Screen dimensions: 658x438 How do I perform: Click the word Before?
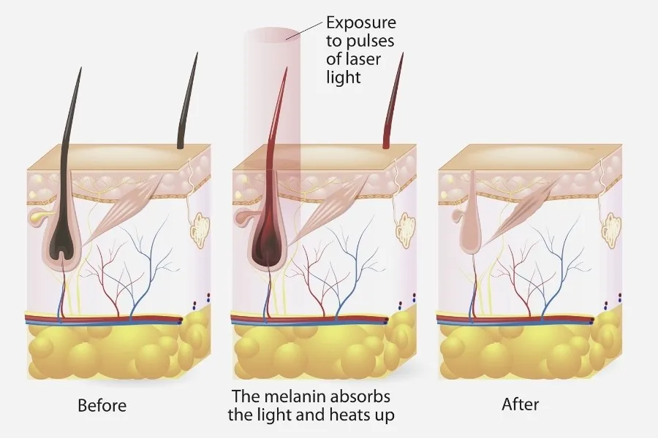coord(102,405)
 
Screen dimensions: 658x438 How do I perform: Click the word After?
coord(520,405)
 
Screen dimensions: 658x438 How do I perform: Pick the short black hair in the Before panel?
coord(187,102)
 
